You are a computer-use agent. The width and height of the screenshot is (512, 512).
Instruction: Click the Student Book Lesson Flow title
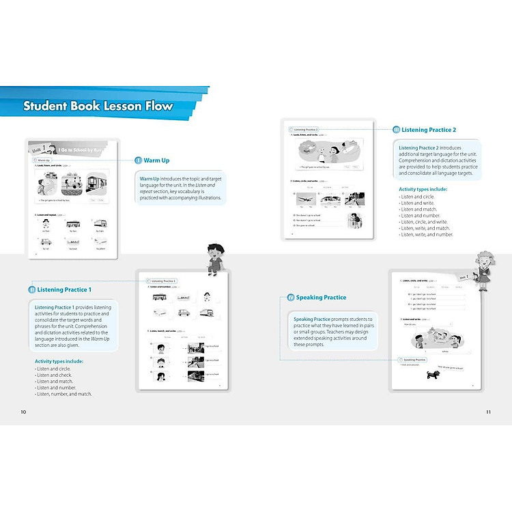[98, 106]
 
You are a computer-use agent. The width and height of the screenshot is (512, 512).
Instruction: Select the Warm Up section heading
[156, 160]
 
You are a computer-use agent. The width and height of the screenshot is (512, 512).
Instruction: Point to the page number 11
[488, 412]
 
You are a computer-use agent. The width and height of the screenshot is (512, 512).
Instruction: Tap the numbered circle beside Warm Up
[138, 160]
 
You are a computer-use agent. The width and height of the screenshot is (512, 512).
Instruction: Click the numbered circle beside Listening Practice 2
[396, 130]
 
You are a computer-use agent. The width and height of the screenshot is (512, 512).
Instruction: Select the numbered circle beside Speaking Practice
[290, 298]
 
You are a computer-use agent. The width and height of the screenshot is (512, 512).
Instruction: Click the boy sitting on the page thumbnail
[214, 258]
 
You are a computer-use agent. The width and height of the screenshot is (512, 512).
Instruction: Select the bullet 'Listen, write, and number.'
[426, 234]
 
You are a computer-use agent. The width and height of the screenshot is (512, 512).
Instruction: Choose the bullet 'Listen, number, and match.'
[63, 394]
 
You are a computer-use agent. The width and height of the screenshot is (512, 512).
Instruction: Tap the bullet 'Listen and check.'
[53, 375]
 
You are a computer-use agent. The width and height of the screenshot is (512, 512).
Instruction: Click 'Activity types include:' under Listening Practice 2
[423, 188]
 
